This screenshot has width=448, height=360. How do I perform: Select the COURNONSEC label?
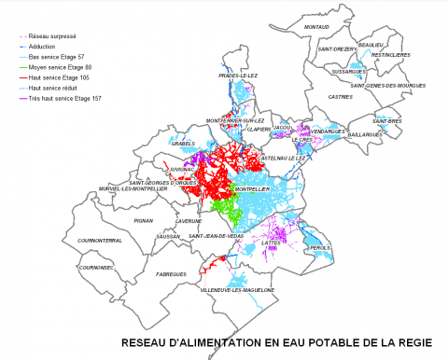[97, 267]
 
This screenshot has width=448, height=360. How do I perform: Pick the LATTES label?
[272, 242]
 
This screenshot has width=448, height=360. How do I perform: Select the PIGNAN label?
[143, 221]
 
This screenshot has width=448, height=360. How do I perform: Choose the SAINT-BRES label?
[387, 121]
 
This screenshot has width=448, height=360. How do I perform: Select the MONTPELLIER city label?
[253, 189]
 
